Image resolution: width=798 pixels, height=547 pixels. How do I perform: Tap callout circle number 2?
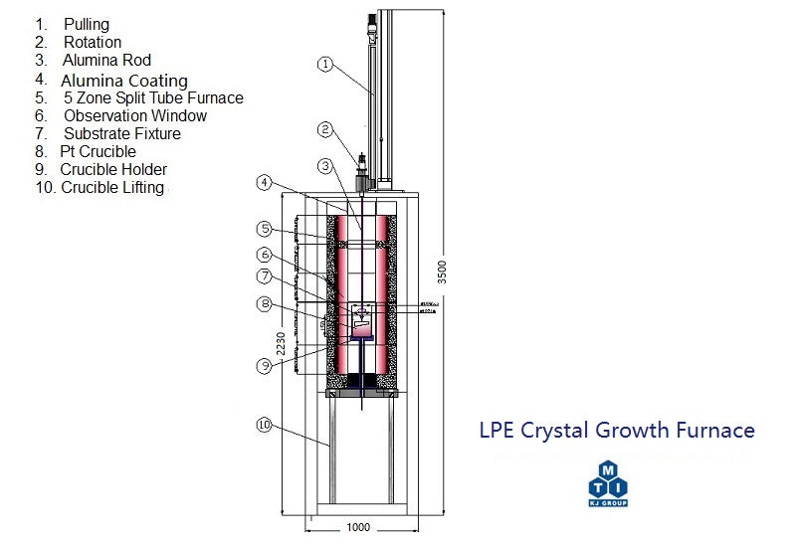[x=324, y=129]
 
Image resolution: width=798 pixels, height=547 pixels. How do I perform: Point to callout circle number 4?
[x=263, y=182]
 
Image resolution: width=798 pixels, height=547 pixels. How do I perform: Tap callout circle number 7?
[x=263, y=275]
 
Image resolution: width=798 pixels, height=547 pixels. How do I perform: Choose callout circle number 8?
[x=263, y=303]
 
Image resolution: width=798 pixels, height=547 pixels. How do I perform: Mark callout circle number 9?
[x=263, y=365]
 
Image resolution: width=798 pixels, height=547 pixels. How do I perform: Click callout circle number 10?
[x=263, y=425]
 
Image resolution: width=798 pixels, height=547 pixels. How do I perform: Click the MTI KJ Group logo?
[x=609, y=482]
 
